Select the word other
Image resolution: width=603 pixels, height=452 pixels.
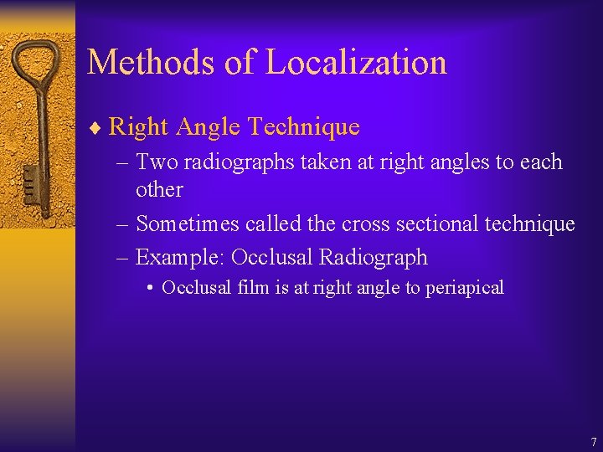pyautogui.click(x=159, y=189)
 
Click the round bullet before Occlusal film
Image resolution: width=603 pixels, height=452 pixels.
pyautogui.click(x=149, y=289)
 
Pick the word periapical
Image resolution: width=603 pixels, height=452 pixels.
pyautogui.click(x=465, y=289)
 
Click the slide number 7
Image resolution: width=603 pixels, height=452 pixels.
pyautogui.click(x=593, y=441)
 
